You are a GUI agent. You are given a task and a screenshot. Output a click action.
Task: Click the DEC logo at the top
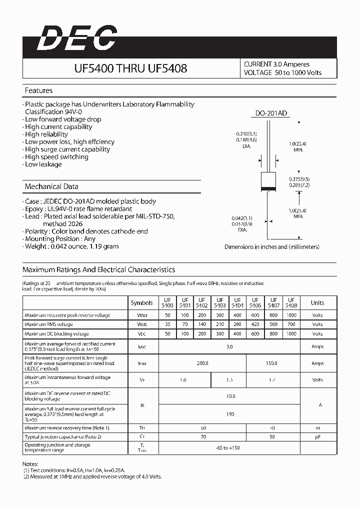point(77,38)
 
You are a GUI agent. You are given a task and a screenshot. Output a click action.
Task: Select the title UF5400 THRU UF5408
point(130,68)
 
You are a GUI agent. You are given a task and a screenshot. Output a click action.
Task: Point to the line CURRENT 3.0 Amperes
point(276,64)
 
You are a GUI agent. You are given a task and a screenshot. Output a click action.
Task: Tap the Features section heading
point(38,90)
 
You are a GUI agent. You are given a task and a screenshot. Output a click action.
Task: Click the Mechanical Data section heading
point(51,186)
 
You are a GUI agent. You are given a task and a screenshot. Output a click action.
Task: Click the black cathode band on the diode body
point(269,188)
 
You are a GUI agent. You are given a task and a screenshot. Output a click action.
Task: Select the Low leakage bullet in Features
point(43,164)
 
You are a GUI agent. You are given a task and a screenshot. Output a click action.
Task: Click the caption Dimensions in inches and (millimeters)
point(271,247)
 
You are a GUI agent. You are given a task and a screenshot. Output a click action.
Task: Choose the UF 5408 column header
point(291,302)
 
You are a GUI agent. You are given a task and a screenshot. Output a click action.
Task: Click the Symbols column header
point(142,302)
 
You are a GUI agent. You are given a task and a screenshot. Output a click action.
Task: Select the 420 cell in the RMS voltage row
point(255,324)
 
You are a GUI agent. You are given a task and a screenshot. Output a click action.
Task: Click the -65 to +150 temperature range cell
point(227,447)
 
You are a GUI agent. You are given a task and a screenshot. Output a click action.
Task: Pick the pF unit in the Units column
point(317,437)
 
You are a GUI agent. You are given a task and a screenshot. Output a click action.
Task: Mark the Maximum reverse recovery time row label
point(67,428)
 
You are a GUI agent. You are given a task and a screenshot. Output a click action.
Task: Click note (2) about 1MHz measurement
point(92,476)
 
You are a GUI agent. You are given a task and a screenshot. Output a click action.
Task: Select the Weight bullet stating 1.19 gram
point(72,246)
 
